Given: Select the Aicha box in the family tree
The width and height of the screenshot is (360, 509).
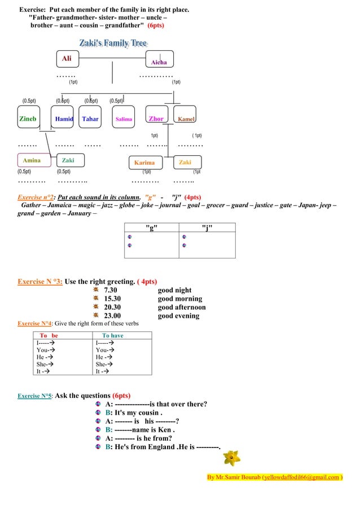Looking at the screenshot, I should coord(159,60).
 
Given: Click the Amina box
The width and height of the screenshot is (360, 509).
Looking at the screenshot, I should coord(32,161).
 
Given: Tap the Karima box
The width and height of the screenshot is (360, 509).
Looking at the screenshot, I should coord(144,163).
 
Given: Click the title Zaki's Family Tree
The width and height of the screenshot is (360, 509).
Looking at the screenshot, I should coord(113,43).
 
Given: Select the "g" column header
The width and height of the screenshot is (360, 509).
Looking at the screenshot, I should coord(151,227).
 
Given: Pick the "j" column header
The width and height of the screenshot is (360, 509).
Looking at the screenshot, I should coord(207,227).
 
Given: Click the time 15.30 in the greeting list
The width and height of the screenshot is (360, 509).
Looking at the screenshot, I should coord(112,299).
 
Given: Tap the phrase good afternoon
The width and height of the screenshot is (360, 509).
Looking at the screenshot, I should coord(182,307).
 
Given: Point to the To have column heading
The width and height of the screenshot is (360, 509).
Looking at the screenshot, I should coord(112,335).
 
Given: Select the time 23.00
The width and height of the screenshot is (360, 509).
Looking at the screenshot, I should coord(112,315).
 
